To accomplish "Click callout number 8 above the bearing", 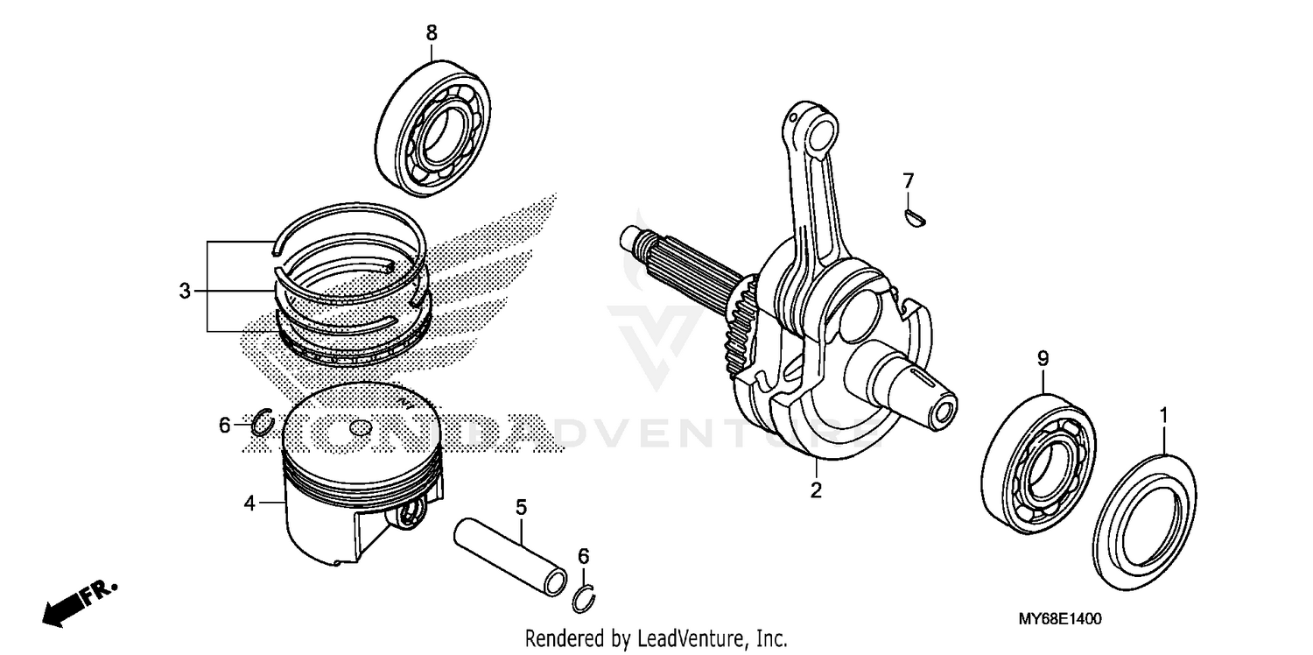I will click(431, 33).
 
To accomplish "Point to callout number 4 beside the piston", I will click(249, 504).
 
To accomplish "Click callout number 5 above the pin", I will click(521, 507).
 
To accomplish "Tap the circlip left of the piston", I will click(262, 423).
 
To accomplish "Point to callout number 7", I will click(909, 181).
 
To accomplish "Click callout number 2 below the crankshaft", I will click(816, 491).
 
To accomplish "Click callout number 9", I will click(1043, 358).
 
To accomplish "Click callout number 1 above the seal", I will click(1163, 412).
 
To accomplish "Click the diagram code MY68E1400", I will click(1059, 619).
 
